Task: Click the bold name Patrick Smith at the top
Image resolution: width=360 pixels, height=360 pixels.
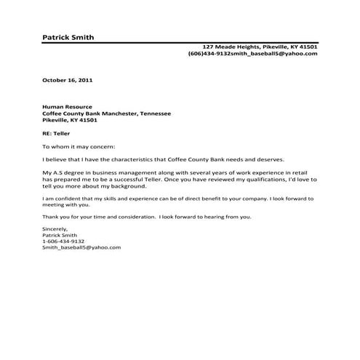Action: pos(68,37)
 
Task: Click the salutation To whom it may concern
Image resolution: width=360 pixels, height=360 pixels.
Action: pos(74,147)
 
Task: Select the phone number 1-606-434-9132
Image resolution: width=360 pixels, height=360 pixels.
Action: pos(63,241)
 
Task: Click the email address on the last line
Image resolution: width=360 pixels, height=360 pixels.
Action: pos(81,247)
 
